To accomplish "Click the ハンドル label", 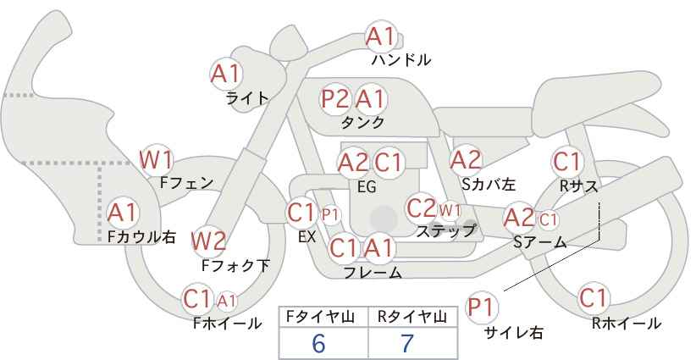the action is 400,60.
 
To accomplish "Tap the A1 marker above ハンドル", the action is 380,37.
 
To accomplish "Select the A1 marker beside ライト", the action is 226,74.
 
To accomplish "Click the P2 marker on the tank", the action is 335,99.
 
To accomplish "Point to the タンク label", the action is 362,122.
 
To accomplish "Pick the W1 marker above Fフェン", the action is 156,160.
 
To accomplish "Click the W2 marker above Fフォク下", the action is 208,242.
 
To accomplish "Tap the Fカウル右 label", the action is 142,236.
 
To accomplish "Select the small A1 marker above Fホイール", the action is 226,302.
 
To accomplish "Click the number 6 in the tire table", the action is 318,343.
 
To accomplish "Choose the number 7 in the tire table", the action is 407,343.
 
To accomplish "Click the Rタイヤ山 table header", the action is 412,317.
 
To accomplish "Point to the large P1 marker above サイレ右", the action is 482,308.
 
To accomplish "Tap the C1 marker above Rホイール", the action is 593,298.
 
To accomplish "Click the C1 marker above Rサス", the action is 566,162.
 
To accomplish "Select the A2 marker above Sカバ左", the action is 466,160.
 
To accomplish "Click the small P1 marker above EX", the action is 330,215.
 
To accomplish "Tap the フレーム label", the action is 373,272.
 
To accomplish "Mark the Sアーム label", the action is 540,242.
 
